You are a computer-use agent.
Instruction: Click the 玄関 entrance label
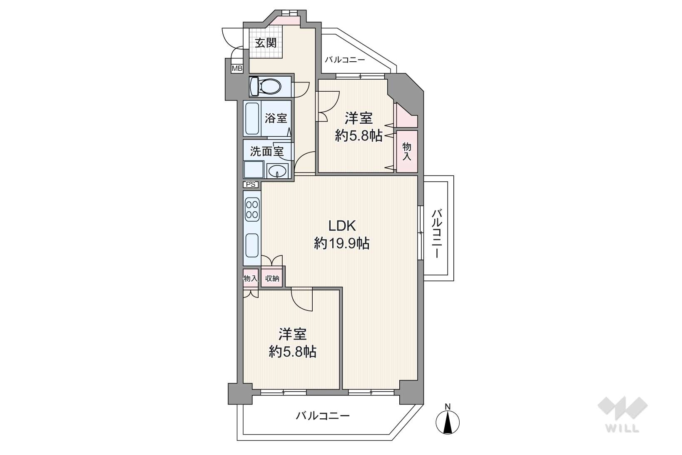(x=266, y=43)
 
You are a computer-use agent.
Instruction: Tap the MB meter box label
(x=237, y=69)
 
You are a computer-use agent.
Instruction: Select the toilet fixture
(x=265, y=86)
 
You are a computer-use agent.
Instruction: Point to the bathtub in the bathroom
(x=252, y=118)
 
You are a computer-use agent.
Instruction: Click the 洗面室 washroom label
(x=267, y=152)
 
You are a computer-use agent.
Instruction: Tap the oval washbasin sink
(x=277, y=171)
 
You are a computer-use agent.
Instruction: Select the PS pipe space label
(x=251, y=185)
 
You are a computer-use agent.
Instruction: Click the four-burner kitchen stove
(x=252, y=209)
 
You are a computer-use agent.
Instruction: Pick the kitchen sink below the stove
(x=252, y=245)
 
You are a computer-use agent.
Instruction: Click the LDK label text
(x=342, y=226)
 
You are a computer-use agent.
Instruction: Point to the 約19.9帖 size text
(x=342, y=243)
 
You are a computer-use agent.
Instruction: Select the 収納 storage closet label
(x=272, y=278)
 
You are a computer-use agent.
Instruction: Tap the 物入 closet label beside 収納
(x=251, y=278)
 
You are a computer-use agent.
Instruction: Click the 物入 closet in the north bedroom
(x=407, y=152)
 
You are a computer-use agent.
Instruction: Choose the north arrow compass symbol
(x=448, y=420)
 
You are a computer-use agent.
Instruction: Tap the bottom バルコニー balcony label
(x=323, y=416)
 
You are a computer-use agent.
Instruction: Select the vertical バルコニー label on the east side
(x=437, y=234)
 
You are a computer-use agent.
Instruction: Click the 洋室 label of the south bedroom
(x=292, y=334)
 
